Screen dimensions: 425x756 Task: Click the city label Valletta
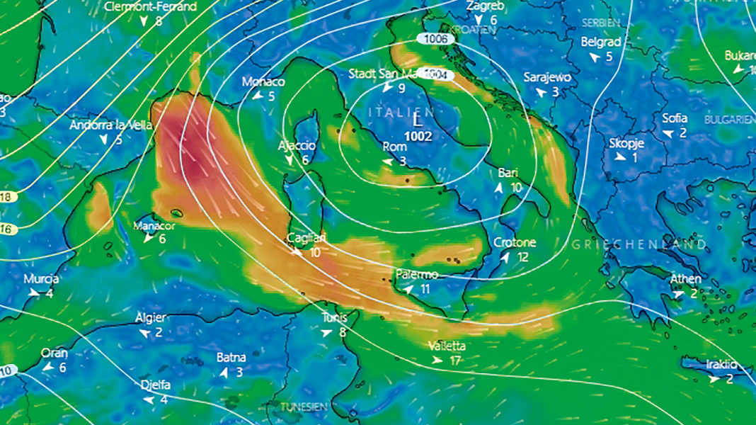click(x=447, y=346)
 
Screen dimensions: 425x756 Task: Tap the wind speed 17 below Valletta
click(x=455, y=361)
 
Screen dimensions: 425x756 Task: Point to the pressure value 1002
click(x=419, y=135)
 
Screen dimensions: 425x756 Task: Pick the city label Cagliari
click(x=305, y=238)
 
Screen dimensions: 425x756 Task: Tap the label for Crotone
click(x=515, y=242)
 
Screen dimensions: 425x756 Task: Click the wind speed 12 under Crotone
click(x=523, y=257)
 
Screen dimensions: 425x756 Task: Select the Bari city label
click(x=508, y=173)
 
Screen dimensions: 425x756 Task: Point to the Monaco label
click(x=263, y=81)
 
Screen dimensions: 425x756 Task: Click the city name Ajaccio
click(x=297, y=145)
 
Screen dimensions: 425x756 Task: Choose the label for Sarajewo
click(x=547, y=77)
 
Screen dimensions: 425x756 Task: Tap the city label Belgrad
click(x=601, y=42)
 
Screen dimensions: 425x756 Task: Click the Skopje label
click(x=626, y=143)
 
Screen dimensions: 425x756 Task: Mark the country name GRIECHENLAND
click(x=638, y=244)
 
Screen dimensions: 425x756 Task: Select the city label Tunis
click(x=334, y=317)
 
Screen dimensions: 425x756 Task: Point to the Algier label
click(x=150, y=317)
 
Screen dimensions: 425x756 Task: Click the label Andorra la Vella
click(x=111, y=125)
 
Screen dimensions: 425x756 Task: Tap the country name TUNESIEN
click(x=304, y=407)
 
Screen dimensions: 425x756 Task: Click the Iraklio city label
click(x=721, y=364)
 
